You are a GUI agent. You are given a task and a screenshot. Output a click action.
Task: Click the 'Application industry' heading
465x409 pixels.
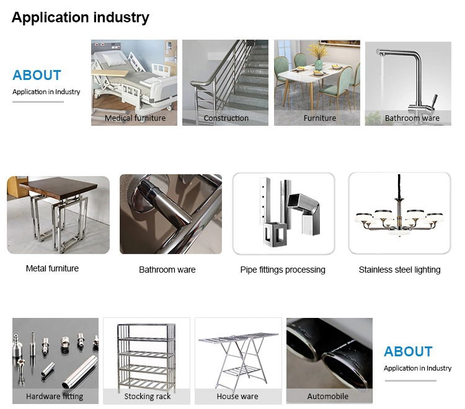pyautogui.click(x=81, y=18)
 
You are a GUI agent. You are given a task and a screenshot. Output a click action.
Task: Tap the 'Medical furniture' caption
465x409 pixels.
pyautogui.click(x=135, y=118)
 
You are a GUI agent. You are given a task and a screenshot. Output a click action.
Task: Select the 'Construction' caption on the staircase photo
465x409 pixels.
pyautogui.click(x=226, y=118)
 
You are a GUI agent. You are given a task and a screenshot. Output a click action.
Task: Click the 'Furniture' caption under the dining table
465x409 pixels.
pyautogui.click(x=320, y=118)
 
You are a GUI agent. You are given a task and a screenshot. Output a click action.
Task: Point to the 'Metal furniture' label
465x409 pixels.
pyautogui.click(x=52, y=268)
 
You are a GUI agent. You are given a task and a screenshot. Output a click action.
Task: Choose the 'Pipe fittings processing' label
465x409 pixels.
pyautogui.click(x=283, y=270)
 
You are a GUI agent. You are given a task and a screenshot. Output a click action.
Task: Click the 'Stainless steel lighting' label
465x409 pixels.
pyautogui.click(x=399, y=270)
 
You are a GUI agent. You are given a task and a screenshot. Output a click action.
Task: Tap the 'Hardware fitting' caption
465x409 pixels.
pyautogui.click(x=55, y=396)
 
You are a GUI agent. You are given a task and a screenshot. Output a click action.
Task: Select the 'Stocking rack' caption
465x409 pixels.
pyautogui.click(x=148, y=396)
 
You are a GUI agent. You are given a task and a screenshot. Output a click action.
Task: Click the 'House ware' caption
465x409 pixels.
pyautogui.click(x=237, y=396)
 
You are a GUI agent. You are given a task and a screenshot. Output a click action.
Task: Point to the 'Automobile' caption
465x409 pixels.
pyautogui.click(x=328, y=396)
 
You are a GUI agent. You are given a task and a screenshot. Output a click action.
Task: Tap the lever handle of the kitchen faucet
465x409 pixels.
pyautogui.click(x=433, y=102)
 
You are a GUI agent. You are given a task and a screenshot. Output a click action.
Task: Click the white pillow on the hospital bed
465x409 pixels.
pyautogui.click(x=114, y=58)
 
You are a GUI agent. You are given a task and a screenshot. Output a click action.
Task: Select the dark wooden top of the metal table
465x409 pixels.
pyautogui.click(x=58, y=187)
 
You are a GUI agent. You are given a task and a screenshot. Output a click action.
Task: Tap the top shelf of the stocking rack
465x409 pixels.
pyautogui.click(x=146, y=325)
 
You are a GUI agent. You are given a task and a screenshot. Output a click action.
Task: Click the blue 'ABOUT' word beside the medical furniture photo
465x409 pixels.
pyautogui.click(x=37, y=75)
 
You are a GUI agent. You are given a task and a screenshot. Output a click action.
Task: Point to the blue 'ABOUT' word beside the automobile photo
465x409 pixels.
pyautogui.click(x=408, y=351)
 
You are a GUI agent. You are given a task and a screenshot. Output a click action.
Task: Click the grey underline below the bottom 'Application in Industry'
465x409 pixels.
pyautogui.click(x=410, y=381)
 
